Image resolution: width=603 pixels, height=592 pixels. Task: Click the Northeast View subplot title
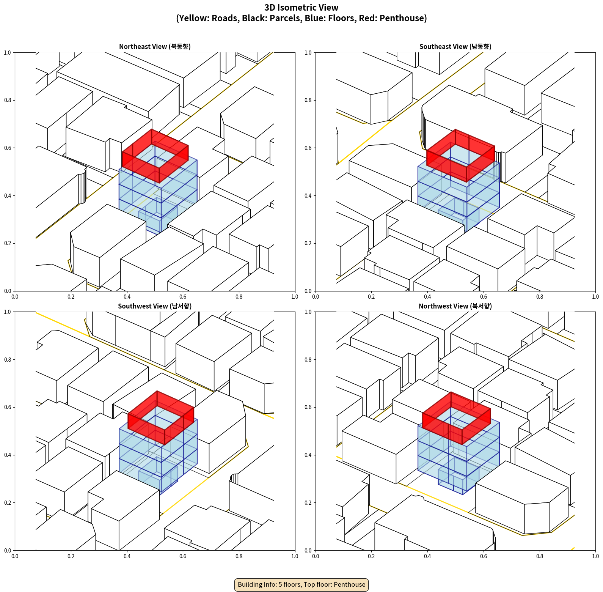click(155, 47)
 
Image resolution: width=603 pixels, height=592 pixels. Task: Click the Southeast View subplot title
click(455, 47)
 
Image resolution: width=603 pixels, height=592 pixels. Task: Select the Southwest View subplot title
click(155, 306)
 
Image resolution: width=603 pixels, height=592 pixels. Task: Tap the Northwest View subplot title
click(455, 306)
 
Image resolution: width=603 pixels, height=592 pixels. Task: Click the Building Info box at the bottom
click(301, 584)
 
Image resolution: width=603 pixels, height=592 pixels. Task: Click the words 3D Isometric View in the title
click(301, 8)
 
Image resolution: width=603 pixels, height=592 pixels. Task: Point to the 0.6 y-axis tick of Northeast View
click(8, 148)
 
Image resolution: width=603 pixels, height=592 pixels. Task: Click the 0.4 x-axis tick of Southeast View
click(427, 297)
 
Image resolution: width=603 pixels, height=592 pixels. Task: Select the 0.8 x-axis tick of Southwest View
click(239, 556)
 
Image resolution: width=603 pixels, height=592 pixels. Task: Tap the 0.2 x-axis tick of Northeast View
click(71, 297)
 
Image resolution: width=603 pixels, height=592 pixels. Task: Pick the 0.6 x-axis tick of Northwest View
click(484, 556)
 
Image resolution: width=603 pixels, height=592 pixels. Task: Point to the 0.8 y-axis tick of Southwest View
click(8, 360)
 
